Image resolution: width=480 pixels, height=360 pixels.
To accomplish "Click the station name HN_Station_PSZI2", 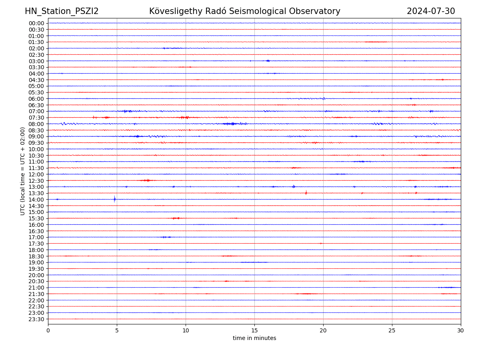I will (62, 11).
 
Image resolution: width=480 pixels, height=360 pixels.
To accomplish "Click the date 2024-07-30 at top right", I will (431, 11).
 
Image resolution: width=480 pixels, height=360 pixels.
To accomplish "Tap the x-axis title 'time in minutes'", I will (254, 338).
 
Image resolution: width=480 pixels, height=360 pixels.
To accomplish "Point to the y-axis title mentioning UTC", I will (23, 171).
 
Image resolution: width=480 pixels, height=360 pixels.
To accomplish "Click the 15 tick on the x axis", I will (254, 331).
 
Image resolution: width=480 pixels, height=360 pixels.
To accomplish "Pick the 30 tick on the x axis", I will (461, 331).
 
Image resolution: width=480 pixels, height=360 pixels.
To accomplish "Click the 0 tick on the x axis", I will (48, 331).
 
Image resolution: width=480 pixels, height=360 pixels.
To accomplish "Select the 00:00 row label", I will (36, 23).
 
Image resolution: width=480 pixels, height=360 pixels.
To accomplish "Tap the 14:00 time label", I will (36, 200).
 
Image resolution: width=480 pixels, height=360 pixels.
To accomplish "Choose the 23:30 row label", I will (36, 319).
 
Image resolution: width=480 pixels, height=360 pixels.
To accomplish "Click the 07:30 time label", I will (36, 118).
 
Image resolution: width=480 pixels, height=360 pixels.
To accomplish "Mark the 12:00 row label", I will (36, 174).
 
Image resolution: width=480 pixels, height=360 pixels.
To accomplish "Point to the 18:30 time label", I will (36, 256).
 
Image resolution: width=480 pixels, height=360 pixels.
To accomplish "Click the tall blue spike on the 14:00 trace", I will (114, 199).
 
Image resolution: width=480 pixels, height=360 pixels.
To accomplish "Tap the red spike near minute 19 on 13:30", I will (306, 193).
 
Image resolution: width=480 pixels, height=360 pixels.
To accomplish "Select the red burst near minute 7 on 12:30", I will (148, 180).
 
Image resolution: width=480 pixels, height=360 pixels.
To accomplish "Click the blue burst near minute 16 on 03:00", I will (268, 61).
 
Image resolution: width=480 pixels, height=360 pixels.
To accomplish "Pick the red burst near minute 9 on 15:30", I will (176, 218).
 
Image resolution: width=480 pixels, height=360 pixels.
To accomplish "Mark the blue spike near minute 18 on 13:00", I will (294, 186).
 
